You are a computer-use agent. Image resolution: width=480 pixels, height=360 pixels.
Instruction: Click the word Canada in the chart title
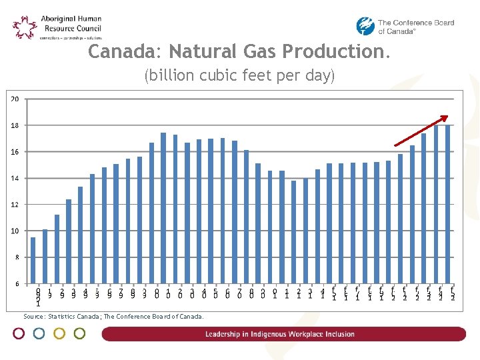pos(125,51)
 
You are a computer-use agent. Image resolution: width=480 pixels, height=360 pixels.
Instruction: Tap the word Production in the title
pos(333,51)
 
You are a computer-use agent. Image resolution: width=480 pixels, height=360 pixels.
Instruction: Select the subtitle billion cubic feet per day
pos(239,76)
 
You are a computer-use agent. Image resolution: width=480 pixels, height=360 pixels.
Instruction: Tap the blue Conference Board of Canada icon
pos(365,27)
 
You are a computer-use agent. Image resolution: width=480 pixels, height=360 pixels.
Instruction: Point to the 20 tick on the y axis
pos(14,99)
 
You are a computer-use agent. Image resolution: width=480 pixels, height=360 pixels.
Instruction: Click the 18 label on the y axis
pos(14,125)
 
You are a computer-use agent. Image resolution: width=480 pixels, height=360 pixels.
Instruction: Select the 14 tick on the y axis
pos(14,179)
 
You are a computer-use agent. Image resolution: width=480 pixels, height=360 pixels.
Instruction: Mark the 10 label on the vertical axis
pos(14,231)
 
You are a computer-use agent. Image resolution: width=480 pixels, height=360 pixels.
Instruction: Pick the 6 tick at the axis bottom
pos(16,284)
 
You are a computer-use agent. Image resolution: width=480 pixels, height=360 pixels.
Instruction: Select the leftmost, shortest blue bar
pos(33,260)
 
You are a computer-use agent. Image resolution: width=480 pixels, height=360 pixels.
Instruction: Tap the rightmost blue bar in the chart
pos(448,204)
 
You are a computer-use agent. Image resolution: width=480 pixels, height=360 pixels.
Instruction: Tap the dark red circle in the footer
pos(19,333)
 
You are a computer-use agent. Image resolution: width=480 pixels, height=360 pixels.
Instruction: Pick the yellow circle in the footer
pos(59,333)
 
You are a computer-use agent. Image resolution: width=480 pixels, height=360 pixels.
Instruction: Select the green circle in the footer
pos(79,333)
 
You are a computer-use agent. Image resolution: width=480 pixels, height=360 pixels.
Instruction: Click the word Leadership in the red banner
pos(228,335)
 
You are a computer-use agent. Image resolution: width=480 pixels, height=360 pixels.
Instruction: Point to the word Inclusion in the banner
pos(339,335)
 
